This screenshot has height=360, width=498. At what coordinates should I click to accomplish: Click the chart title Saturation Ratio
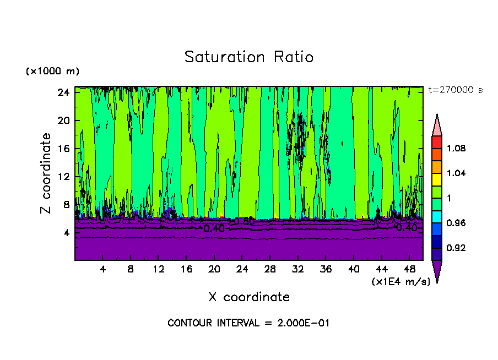(x=249, y=57)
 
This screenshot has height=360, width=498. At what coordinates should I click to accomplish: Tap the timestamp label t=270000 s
(x=455, y=90)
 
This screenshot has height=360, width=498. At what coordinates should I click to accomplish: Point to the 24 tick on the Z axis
(x=64, y=92)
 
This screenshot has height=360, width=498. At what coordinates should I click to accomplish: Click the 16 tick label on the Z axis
(x=64, y=149)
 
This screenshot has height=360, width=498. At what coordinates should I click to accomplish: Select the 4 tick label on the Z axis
(x=66, y=233)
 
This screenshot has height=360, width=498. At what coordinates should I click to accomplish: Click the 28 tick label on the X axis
(x=270, y=270)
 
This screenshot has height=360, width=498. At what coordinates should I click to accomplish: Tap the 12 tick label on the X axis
(x=158, y=270)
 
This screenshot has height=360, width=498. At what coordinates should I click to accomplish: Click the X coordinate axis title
(x=249, y=297)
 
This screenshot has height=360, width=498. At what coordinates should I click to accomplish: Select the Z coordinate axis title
(x=46, y=173)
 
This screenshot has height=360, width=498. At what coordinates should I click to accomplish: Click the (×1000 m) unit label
(x=52, y=72)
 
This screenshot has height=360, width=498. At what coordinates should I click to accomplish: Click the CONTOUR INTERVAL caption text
(x=248, y=323)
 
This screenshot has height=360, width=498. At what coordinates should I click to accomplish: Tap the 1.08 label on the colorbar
(x=457, y=149)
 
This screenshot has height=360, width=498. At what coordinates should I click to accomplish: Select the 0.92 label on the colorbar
(x=457, y=248)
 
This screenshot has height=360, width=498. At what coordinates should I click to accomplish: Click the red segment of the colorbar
(x=437, y=142)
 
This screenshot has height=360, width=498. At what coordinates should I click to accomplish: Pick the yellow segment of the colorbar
(x=437, y=179)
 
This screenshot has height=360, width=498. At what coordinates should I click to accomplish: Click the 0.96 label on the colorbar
(x=457, y=223)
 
